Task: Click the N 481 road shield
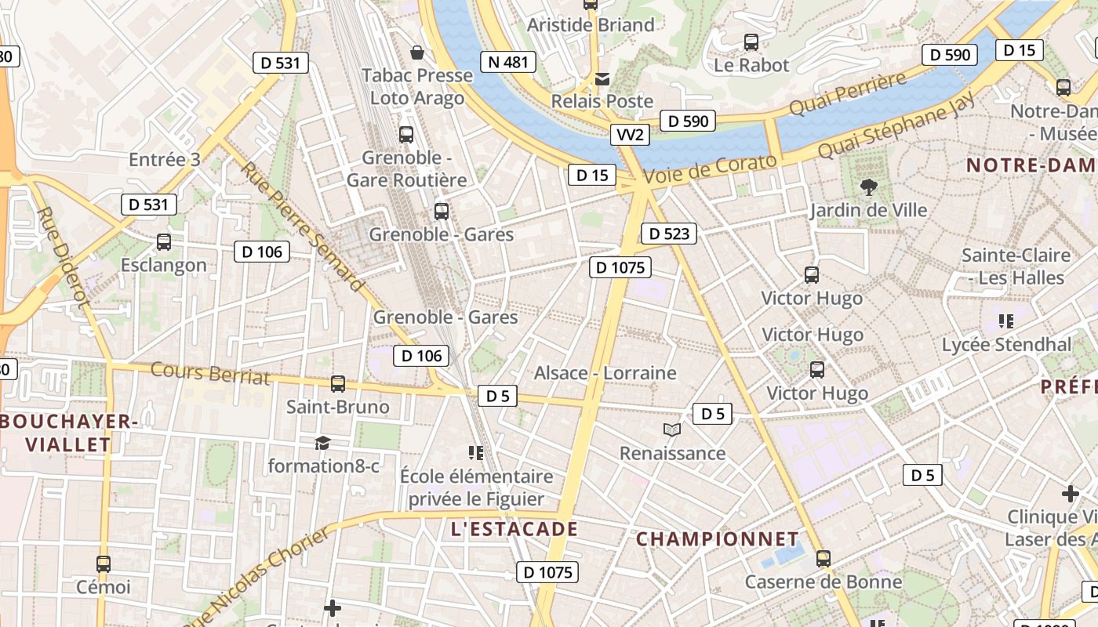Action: pos(507,62)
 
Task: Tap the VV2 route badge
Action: pos(630,135)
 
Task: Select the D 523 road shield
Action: pos(668,234)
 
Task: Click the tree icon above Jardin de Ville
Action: pos(868,187)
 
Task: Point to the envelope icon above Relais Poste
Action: pos(602,78)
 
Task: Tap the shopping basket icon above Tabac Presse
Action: pos(417,53)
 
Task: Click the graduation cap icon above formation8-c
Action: pos(322,444)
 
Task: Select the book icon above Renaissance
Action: pos(672,429)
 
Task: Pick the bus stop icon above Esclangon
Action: pos(164,242)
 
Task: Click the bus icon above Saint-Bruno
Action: pos(338,384)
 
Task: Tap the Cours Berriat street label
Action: pos(209,374)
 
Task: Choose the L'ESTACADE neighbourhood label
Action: pos(514,529)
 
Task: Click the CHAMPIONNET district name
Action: pos(717,539)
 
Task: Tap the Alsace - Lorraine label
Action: pos(605,373)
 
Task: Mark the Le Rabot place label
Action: pos(751,65)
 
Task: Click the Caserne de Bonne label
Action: pos(823,582)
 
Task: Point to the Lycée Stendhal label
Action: pos(1005,345)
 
